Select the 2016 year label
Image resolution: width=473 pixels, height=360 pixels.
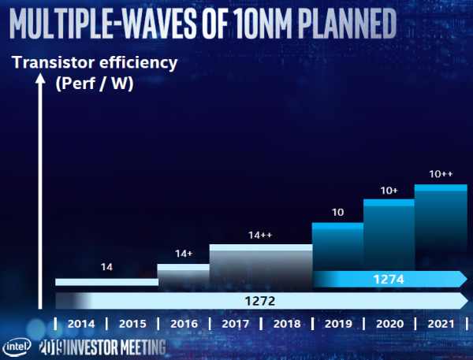tap(183, 323)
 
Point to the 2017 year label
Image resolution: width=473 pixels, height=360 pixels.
tap(234, 323)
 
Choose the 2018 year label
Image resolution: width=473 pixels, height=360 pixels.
tap(285, 323)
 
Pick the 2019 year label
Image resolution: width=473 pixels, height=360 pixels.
tap(337, 323)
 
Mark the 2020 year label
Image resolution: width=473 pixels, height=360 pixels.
tap(389, 323)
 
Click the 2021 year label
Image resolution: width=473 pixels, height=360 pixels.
tap(440, 323)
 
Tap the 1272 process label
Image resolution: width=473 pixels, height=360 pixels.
tap(259, 300)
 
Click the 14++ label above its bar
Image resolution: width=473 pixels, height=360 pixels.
tap(261, 235)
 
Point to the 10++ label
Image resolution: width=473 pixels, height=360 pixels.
tap(440, 174)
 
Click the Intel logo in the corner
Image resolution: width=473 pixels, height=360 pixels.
tap(17, 347)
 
